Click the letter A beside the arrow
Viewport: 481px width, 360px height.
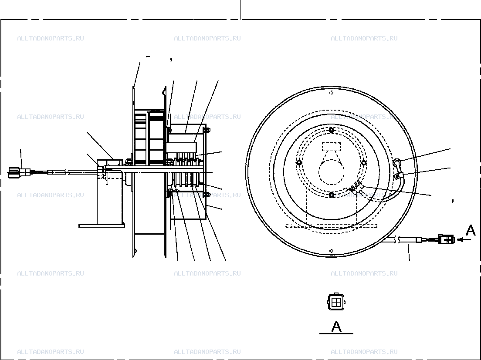471,230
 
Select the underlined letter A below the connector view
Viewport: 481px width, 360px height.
336,326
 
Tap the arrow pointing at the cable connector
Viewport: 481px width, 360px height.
464,239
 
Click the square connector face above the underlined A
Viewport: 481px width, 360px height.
336,302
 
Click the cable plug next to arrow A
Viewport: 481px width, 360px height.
446,239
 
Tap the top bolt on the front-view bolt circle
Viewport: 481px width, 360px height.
331,131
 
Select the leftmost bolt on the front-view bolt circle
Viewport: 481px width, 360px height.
299,162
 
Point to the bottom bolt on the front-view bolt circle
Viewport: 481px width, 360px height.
331,195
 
